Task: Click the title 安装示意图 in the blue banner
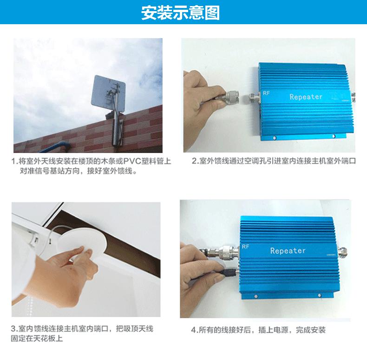click(x=180, y=13)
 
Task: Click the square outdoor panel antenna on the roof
click(x=108, y=94)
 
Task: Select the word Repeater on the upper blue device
click(x=306, y=97)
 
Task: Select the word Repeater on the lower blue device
click(x=288, y=251)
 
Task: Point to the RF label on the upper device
click(x=266, y=93)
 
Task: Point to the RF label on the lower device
click(x=245, y=247)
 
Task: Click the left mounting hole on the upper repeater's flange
click(x=275, y=138)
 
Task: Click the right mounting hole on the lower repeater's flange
click(x=320, y=295)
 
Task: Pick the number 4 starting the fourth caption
click(x=193, y=330)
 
